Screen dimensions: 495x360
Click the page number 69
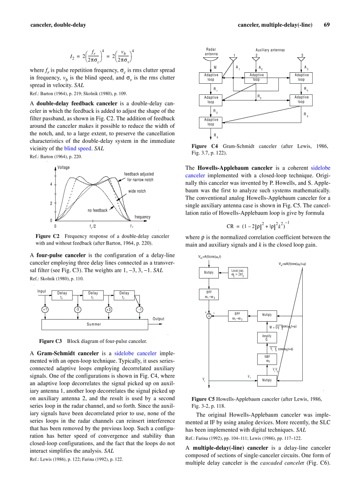(x=326, y=25)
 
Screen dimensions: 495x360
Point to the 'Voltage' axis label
(x=64, y=167)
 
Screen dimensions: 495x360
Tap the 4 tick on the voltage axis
(x=51, y=184)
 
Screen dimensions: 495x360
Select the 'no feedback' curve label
(x=97, y=210)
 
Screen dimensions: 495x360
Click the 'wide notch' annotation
(x=137, y=191)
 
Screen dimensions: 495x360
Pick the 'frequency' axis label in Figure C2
(x=142, y=217)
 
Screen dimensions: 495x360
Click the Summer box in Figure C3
(x=94, y=324)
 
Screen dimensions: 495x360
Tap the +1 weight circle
(x=45, y=309)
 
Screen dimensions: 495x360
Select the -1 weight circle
(x=139, y=309)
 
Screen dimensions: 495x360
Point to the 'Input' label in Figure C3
(x=42, y=291)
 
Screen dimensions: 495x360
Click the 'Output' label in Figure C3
(x=158, y=319)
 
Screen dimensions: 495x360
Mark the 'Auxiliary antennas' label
(x=270, y=50)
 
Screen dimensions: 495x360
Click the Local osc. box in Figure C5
(x=239, y=273)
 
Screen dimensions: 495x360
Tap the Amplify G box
(x=266, y=338)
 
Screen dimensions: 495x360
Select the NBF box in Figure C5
(x=267, y=358)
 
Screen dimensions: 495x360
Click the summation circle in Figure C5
(x=209, y=315)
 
